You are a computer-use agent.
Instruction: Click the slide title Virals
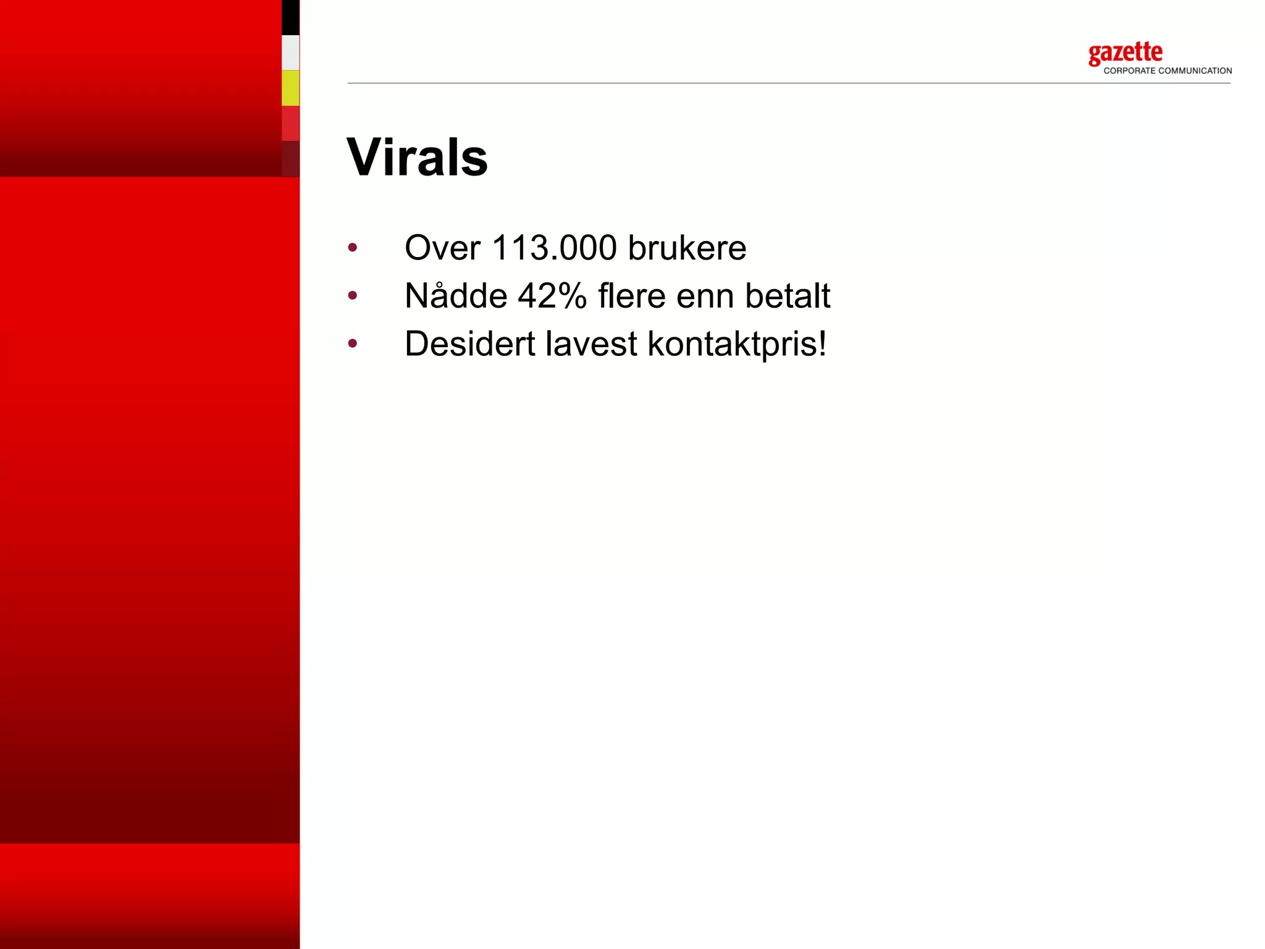pyautogui.click(x=417, y=158)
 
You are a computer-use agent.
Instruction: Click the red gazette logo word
pyautogui.click(x=1125, y=53)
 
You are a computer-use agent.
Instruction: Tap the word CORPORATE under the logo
pyautogui.click(x=1129, y=71)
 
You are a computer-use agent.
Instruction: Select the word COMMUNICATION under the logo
pyautogui.click(x=1195, y=71)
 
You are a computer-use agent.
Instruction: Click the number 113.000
pyautogui.click(x=554, y=248)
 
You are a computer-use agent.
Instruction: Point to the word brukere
pyautogui.click(x=687, y=248)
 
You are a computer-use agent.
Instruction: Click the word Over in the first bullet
pyautogui.click(x=442, y=248)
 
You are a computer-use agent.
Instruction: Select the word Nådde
pyautogui.click(x=456, y=295)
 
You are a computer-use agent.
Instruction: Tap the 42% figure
pyautogui.click(x=552, y=295)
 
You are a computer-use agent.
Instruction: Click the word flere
pyautogui.click(x=631, y=295)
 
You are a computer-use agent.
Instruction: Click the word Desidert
pyautogui.click(x=469, y=344)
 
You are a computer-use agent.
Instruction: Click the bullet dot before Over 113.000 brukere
pyautogui.click(x=353, y=248)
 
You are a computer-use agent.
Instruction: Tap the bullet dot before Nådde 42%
pyautogui.click(x=353, y=296)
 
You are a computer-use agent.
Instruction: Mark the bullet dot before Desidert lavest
pyautogui.click(x=353, y=344)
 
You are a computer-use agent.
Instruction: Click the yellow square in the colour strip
pyautogui.click(x=290, y=88)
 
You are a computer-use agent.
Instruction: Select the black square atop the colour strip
pyautogui.click(x=290, y=17)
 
